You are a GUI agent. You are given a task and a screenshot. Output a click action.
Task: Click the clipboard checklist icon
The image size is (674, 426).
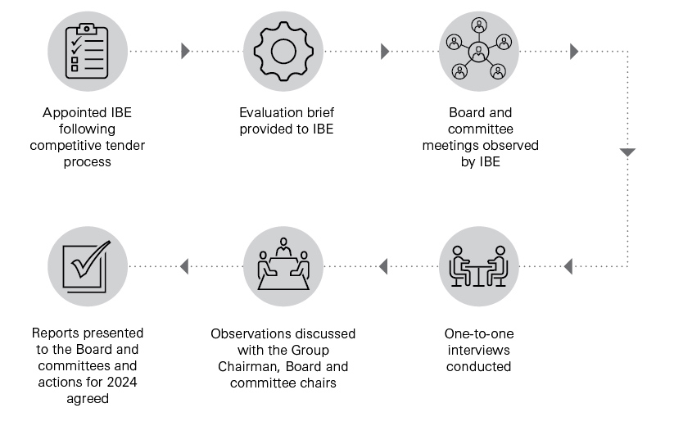coord(87,51)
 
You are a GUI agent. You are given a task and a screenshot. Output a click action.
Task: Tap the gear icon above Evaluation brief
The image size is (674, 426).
coord(283,51)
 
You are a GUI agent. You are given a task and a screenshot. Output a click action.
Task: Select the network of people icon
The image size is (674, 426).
coord(479,51)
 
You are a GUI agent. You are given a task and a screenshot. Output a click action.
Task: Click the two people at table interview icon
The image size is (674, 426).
coord(479,266)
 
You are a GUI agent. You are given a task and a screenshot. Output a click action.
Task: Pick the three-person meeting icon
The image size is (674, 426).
coord(283,266)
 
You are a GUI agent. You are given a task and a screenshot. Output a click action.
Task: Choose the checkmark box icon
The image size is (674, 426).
coord(87,266)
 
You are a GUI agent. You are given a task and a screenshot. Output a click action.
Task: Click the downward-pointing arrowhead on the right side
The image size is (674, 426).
coord(627,152)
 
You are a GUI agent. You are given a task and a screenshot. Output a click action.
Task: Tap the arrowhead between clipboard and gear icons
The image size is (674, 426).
coord(186,51)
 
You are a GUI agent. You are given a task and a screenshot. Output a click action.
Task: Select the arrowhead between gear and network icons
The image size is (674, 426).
coord(385,51)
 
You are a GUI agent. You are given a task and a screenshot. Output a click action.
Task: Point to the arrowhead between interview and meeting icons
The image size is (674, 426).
coord(382,266)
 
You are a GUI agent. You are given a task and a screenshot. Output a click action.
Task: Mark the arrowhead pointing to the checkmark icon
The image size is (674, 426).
coord(184,266)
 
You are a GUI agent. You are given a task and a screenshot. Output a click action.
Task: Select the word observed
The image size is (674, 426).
coord(508,145)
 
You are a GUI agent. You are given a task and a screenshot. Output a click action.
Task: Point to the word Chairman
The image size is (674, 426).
coord(249,366)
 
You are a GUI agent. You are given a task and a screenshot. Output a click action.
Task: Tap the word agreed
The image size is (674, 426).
coord(87,399)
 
